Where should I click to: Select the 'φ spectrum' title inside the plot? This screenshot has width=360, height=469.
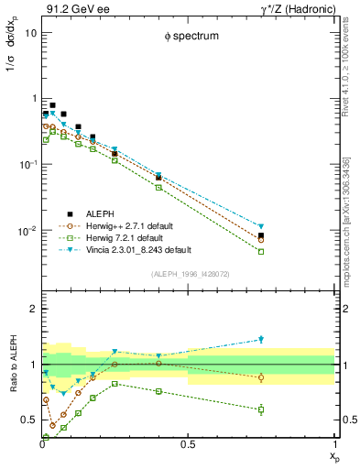(190, 37)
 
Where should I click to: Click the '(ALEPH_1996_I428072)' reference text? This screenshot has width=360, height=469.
(190, 274)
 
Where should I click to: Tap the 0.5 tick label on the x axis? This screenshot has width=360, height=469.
(188, 445)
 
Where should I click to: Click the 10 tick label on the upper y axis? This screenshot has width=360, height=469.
(30, 32)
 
